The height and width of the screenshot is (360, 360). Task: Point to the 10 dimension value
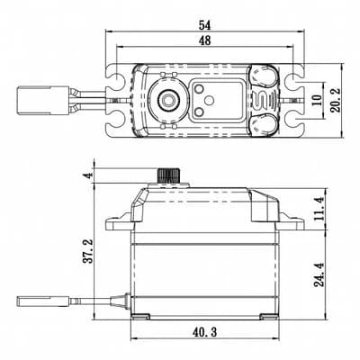pyautogui.click(x=315, y=97)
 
